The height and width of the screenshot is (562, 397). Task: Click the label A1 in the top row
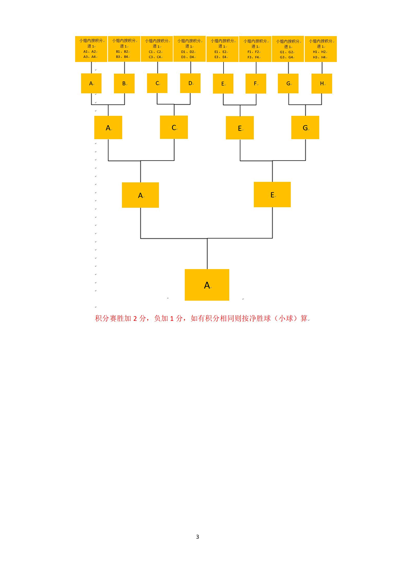(86, 52)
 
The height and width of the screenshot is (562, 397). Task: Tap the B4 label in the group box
(127, 57)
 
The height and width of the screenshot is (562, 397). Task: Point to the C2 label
(160, 52)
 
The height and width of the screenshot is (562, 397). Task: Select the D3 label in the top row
(184, 57)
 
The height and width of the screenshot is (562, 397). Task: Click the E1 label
(217, 52)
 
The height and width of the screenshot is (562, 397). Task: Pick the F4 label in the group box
(258, 57)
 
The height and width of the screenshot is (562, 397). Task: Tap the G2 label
(291, 52)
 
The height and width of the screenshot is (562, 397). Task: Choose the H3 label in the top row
(315, 57)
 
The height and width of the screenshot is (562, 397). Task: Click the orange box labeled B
(124, 83)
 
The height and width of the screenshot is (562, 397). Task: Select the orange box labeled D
(190, 83)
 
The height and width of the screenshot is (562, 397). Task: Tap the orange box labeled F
(256, 84)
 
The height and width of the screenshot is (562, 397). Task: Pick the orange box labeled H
(322, 83)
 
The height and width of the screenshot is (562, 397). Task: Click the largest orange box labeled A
(207, 285)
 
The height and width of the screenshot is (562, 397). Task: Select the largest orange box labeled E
(272, 195)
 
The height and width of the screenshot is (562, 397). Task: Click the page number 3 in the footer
(197, 537)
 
